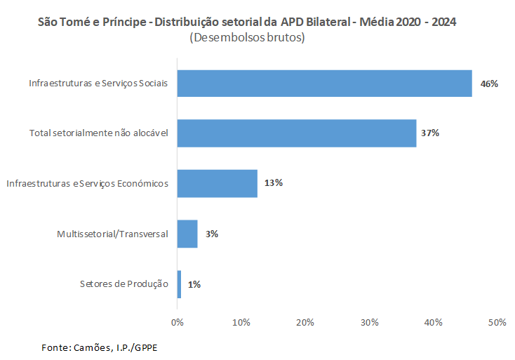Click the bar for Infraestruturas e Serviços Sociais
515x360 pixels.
[x=324, y=84]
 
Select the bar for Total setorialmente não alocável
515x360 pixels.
[x=297, y=133]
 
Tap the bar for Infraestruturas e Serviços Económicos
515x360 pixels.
[x=218, y=183]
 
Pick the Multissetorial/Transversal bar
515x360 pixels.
[x=187, y=234]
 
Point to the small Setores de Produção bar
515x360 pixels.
[x=179, y=284]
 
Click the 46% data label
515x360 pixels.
[x=488, y=84]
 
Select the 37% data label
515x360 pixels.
[x=429, y=133]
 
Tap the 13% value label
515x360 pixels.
[x=273, y=183]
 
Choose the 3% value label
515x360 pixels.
[x=211, y=234]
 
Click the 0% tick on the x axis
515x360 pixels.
[x=178, y=322]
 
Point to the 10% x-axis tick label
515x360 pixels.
[x=241, y=322]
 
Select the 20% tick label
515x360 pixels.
[x=305, y=322]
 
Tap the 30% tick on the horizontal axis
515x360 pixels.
[x=369, y=322]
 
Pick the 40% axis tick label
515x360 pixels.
[x=433, y=322]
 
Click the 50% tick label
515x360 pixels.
[x=497, y=322]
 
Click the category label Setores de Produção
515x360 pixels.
[x=123, y=284]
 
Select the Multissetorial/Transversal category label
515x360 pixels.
[x=112, y=234]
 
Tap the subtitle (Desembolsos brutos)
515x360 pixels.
[x=247, y=39]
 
